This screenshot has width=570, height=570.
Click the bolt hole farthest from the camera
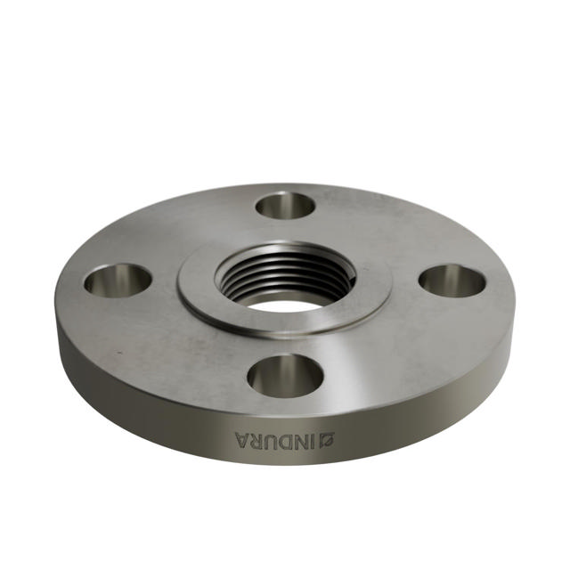coord(285,206)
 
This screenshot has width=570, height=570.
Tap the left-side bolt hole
coord(118,281)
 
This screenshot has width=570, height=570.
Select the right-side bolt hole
coord(452,281)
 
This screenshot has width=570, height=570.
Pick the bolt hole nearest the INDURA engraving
coord(285,375)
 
